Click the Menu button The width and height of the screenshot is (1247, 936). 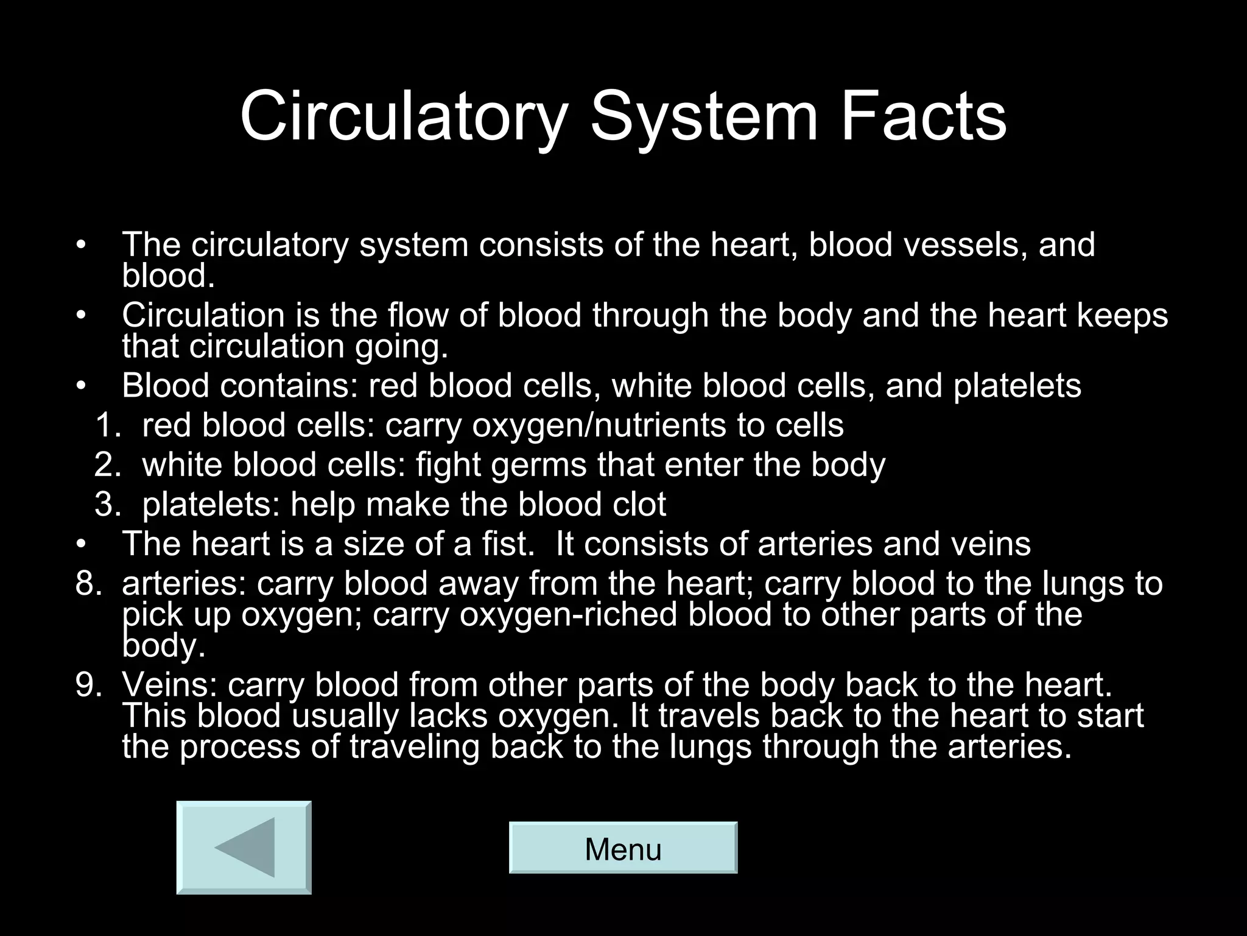[623, 848]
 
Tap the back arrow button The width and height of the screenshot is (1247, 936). [244, 848]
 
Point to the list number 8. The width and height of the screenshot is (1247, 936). [88, 584]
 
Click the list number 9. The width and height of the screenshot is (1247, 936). [88, 685]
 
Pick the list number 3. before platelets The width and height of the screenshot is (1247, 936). [108, 505]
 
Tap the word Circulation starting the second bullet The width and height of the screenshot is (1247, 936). [203, 316]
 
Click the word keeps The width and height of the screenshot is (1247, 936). [1122, 316]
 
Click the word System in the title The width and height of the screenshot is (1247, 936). [703, 116]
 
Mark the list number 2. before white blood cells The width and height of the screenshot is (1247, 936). [108, 466]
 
